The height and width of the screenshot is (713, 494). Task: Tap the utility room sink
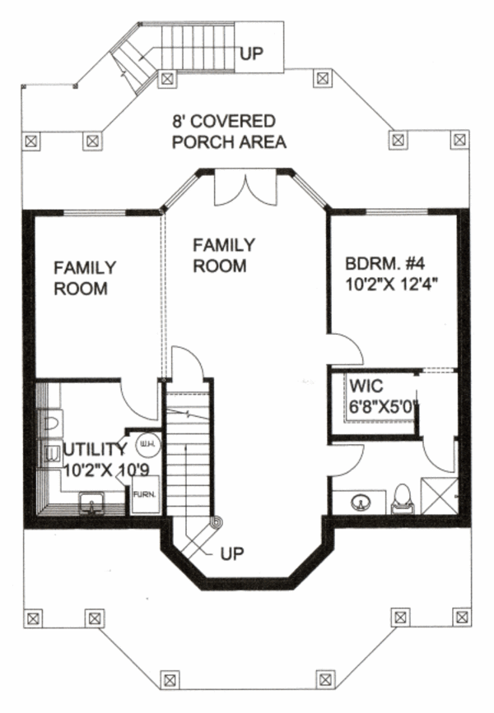point(91,501)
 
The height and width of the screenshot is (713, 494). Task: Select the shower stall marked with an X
point(439,495)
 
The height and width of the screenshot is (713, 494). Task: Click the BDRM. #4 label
point(384,265)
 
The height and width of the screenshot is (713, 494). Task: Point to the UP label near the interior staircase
point(232,553)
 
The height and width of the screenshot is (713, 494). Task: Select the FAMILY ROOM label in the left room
point(85,278)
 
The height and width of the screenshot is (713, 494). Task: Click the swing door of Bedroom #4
point(346,350)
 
